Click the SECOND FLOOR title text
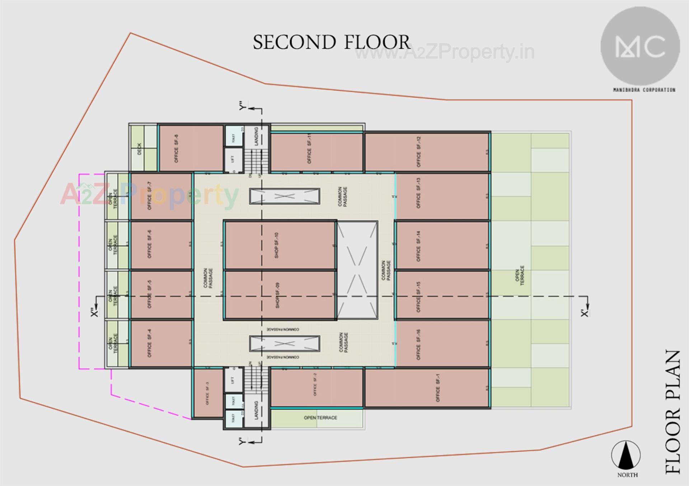coord(331,42)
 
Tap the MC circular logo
coord(640,47)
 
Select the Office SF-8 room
coord(191,148)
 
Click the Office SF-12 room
coord(427,152)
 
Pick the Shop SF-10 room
coord(280,245)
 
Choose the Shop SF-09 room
coord(280,295)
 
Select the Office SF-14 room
coord(442,246)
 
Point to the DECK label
coord(139,149)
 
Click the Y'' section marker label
coord(243,106)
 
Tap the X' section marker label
coord(585,313)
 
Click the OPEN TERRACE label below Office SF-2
coord(320,418)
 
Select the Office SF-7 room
coord(161,196)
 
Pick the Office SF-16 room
coord(442,344)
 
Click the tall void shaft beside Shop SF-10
coord(357,270)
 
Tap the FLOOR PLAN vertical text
coord(672,412)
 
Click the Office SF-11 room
coord(317,152)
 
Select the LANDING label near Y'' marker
coord(256,136)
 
